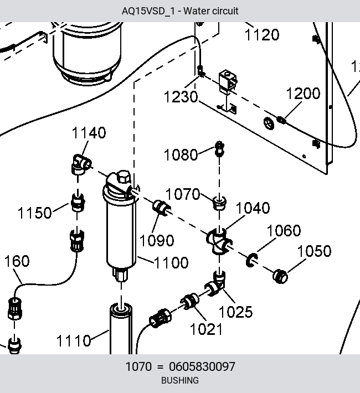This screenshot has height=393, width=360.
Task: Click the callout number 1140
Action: pos(89,133)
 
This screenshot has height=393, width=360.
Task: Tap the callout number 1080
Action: pos(181,154)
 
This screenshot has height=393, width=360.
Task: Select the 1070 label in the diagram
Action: pos(183,194)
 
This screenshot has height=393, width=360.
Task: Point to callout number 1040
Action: pos(253,208)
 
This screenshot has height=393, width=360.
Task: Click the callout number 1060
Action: pos(284,230)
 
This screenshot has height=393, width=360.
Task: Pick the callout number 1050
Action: pos(314,251)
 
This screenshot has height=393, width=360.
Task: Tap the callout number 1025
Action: pos(235,312)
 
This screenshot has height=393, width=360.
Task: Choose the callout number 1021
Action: pos(206,329)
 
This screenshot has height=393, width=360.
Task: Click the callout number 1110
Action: pos(74,340)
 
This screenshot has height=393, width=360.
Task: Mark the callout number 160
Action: pos(17,261)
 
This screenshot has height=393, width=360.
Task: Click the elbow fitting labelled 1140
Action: pos(81,164)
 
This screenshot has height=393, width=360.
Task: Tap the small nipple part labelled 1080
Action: pos(219,149)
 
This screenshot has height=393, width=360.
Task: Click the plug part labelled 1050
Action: pos(280,276)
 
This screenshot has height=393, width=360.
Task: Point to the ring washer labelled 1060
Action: pos(251,260)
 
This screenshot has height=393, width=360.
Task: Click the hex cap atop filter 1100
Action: pos(124,177)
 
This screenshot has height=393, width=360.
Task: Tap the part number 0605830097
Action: pos(202,366)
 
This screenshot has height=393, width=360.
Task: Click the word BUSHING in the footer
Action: pos(180,380)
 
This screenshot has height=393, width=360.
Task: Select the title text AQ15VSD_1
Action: pos(148,11)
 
